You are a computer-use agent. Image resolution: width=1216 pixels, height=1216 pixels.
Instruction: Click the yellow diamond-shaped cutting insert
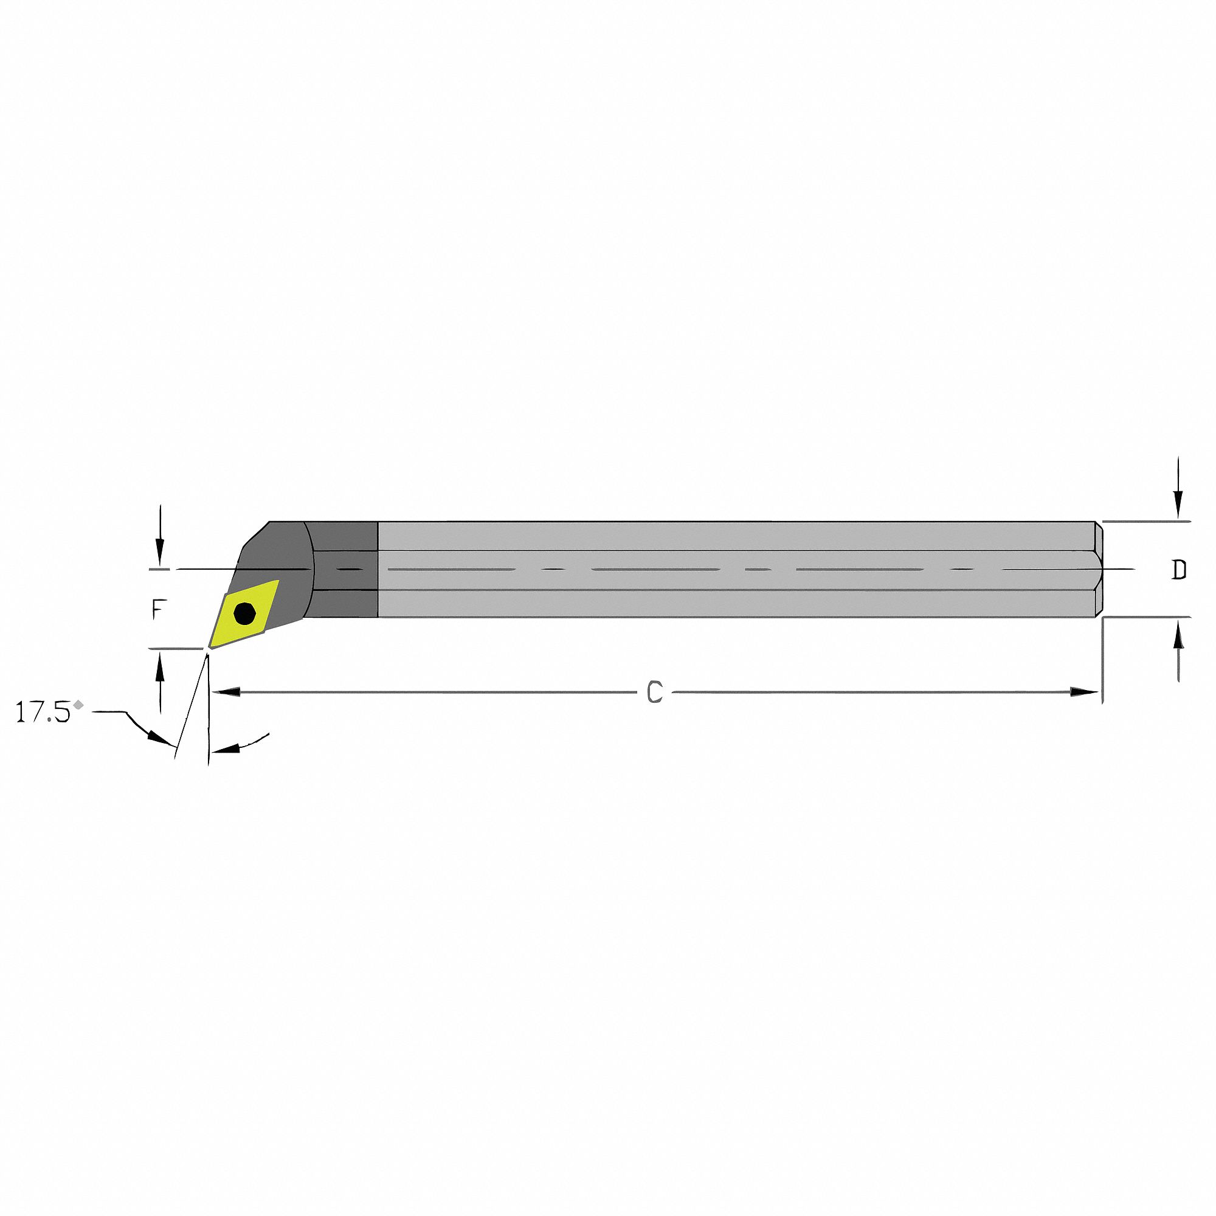point(244,614)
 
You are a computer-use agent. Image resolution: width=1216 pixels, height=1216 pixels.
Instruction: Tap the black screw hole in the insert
point(244,613)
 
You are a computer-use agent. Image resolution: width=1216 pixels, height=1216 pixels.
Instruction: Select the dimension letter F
point(160,609)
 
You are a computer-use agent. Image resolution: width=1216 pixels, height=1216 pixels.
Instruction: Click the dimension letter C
point(655,693)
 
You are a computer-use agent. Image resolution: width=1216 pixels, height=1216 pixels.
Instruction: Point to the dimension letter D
point(1179,570)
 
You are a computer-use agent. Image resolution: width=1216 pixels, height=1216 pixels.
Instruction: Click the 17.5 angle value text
point(42,713)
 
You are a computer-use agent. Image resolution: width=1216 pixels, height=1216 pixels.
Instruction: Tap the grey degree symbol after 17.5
point(78,704)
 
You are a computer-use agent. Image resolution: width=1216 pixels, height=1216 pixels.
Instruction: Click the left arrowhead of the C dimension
point(227,692)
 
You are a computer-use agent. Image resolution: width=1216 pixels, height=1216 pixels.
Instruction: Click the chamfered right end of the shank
point(1098,570)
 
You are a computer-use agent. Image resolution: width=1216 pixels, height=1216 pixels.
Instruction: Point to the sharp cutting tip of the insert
point(210,646)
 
